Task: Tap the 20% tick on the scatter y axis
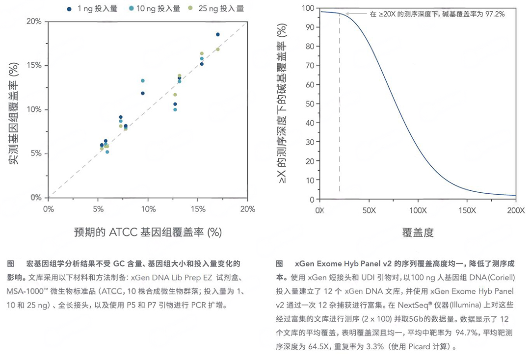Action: tap(34, 22)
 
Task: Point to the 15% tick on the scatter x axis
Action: tap(198, 209)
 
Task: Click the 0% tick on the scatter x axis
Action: tap(48, 209)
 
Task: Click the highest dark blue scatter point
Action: tap(218, 34)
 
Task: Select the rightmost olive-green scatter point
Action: tap(218, 50)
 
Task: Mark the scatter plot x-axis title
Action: tap(148, 232)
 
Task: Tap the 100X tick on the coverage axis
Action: tap(418, 210)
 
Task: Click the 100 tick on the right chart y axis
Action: tap(307, 8)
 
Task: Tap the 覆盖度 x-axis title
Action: tap(418, 232)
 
